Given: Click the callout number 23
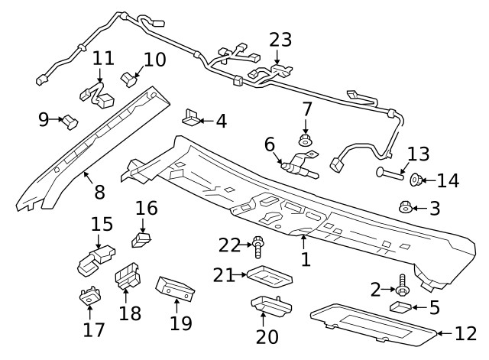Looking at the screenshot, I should click(280, 40).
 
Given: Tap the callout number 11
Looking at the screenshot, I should click(103, 59).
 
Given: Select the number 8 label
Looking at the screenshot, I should click(99, 192).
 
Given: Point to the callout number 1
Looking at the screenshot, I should click(306, 259).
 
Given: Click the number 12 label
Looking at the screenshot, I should click(465, 333).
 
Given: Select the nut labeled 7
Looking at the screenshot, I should click(306, 141).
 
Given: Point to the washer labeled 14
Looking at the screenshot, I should click(417, 180).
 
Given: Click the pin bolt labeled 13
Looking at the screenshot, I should click(387, 174).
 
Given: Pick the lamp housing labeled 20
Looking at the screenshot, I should click(263, 306).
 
